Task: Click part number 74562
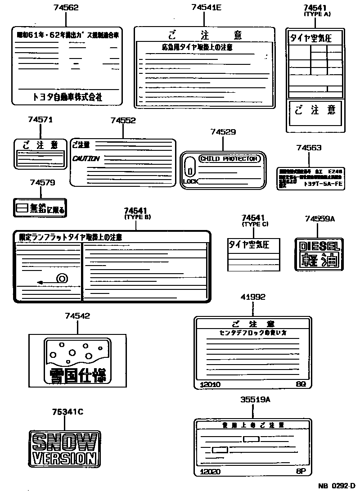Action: click(66, 8)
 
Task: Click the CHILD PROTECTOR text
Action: click(229, 158)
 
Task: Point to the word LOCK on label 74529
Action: click(190, 181)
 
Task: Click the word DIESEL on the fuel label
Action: click(319, 246)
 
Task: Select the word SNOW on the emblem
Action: click(64, 442)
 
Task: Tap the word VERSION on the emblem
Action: click(64, 459)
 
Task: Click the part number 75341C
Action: click(67, 411)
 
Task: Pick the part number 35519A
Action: click(255, 399)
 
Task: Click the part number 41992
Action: click(252, 297)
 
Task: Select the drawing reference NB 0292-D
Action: click(337, 486)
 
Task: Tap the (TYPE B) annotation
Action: click(137, 217)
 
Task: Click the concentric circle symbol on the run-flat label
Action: click(61, 279)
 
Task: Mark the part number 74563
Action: click(309, 148)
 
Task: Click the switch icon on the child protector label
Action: click(190, 168)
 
